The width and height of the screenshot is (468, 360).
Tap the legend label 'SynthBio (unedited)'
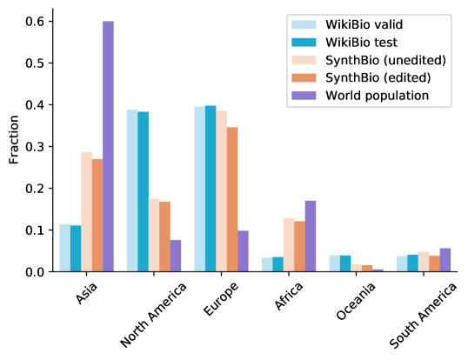[373, 60]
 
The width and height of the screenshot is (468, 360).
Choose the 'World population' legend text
[364, 95]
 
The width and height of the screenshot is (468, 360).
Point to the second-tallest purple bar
[311, 236]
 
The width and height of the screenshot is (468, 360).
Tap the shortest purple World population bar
[378, 270]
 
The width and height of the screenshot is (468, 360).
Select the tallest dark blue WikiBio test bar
[211, 188]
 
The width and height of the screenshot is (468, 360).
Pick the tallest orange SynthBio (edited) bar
[232, 199]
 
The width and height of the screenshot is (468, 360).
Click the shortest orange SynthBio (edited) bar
[367, 268]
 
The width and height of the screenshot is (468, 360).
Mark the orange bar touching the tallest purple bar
[97, 215]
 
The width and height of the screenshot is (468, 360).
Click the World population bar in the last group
[445, 259]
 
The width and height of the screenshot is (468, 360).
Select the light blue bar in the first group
[64, 247]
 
